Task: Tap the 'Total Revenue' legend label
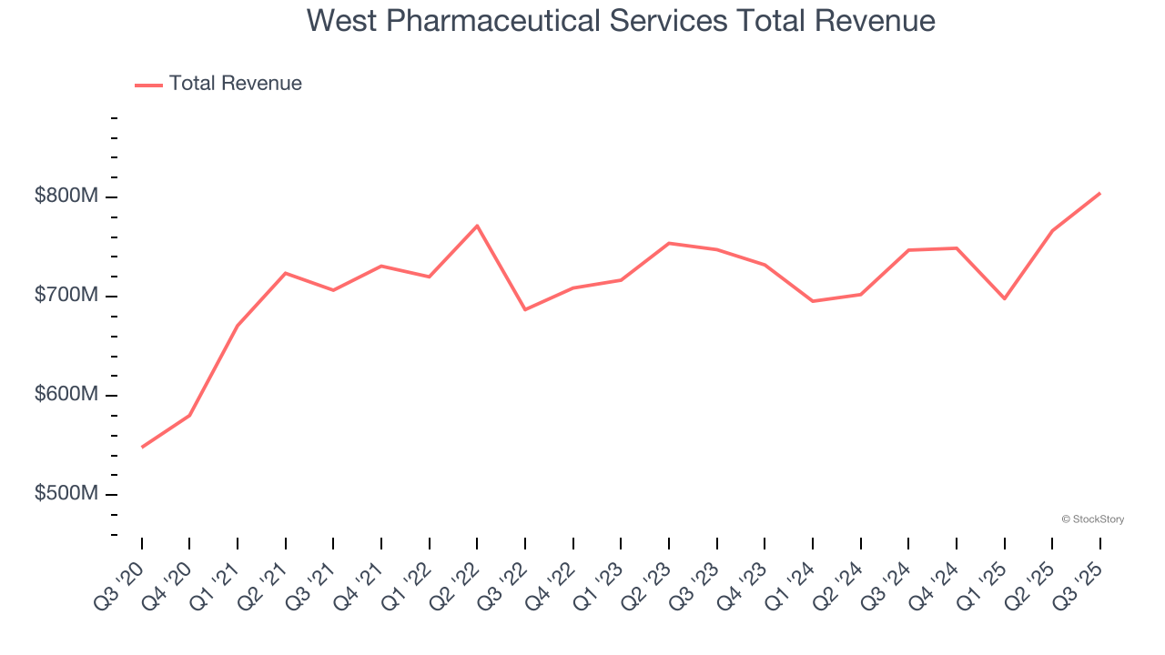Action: [235, 84]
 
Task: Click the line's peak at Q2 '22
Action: [477, 226]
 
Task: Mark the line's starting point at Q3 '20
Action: [142, 447]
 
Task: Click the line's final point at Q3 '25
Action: [1099, 193]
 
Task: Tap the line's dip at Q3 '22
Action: [525, 309]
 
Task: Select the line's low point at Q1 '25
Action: [1004, 298]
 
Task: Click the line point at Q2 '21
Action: [286, 273]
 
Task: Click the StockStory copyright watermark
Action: [1092, 519]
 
